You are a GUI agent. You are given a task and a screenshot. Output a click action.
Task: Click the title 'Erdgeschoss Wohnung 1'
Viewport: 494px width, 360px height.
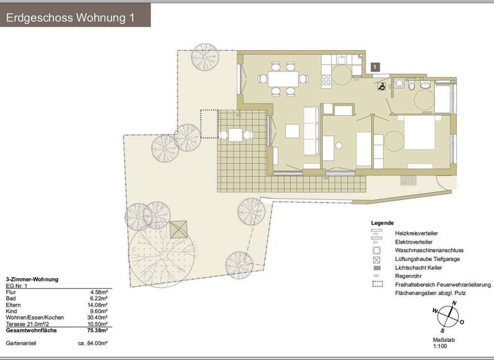70,17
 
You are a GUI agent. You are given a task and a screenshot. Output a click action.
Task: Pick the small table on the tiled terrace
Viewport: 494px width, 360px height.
235,135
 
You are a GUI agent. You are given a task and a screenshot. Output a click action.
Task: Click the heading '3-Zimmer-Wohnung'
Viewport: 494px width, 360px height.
32,280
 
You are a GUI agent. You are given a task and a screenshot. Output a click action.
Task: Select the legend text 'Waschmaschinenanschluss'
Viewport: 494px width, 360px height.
429,249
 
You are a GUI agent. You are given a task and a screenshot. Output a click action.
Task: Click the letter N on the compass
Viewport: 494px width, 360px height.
455,303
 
